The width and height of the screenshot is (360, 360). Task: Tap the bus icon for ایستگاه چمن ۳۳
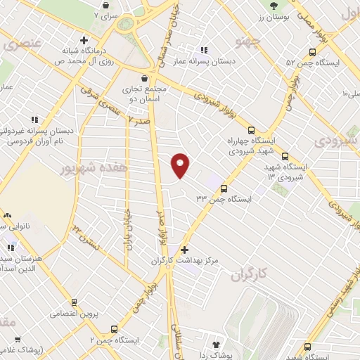(224, 188)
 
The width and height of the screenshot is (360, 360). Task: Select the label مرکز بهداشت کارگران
(185, 261)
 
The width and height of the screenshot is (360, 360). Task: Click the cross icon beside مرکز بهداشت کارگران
(184, 250)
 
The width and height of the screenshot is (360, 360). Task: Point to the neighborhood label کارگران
(250, 273)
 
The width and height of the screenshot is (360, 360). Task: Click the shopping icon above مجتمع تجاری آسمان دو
(144, 79)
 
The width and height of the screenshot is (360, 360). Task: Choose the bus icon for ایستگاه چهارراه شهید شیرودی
(252, 129)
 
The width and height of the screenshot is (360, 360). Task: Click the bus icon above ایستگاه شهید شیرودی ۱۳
(285, 156)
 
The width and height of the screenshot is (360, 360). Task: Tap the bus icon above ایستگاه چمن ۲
(115, 329)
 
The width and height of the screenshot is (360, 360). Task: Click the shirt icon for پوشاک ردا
(216, 345)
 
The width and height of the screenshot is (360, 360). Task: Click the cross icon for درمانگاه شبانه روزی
(84, 39)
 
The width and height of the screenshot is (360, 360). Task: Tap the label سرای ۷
(107, 14)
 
